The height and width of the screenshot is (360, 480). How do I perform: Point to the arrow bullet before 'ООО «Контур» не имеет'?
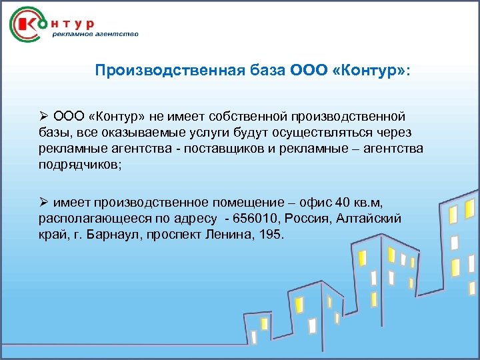(x=43, y=117)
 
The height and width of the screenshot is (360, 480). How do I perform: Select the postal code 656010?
(x=266, y=219)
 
